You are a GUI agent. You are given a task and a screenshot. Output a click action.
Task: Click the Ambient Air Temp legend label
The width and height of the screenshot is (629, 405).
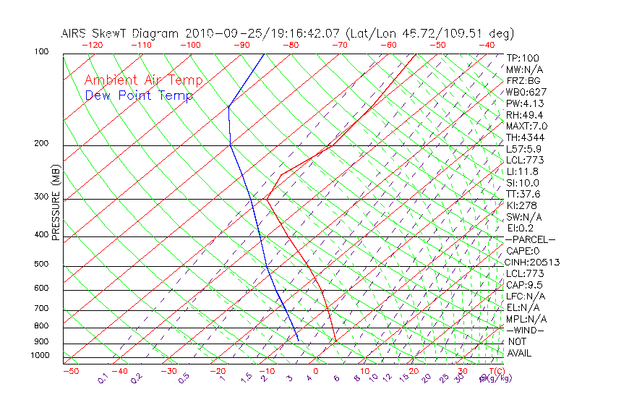click(143, 80)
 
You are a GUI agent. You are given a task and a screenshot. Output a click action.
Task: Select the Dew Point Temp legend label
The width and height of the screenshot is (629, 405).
click(139, 95)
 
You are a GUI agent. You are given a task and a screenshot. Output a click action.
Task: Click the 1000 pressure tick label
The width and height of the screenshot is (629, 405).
click(40, 355)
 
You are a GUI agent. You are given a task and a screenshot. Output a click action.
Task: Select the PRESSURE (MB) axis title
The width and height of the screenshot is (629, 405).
click(56, 202)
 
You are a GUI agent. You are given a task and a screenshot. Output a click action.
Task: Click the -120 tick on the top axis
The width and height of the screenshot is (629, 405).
click(92, 45)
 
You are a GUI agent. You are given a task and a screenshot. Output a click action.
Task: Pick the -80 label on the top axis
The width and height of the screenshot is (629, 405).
click(291, 45)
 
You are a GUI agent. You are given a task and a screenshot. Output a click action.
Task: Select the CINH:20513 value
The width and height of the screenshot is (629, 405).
click(533, 262)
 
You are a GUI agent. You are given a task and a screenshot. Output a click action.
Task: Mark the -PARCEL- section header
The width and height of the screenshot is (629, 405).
click(531, 239)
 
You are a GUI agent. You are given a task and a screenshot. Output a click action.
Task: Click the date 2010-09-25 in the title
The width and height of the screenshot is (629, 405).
click(222, 33)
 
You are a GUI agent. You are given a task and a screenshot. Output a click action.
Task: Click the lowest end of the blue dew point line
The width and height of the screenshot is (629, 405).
click(298, 339)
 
